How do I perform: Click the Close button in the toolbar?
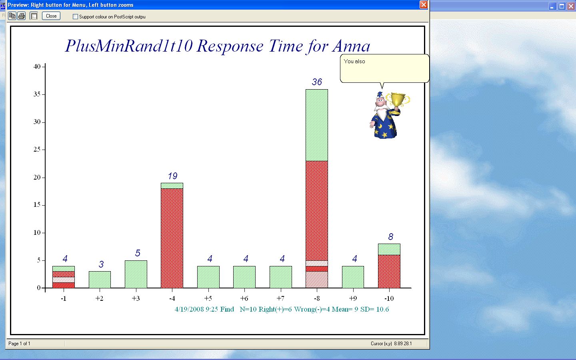pyautogui.click(x=51, y=16)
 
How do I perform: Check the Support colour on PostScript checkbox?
pyautogui.click(x=75, y=17)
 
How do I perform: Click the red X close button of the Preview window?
pyautogui.click(x=424, y=5)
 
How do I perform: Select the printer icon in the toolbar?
pyautogui.click(x=22, y=16)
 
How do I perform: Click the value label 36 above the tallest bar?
pyautogui.click(x=317, y=82)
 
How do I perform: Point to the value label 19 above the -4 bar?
pyautogui.click(x=172, y=176)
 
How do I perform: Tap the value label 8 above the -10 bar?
pyautogui.click(x=390, y=236)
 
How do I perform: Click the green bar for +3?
pyautogui.click(x=136, y=274)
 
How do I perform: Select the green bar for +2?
pyautogui.click(x=100, y=280)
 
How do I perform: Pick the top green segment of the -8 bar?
pyautogui.click(x=317, y=125)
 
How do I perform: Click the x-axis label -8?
pyautogui.click(x=317, y=298)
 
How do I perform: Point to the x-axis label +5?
pyautogui.click(x=208, y=298)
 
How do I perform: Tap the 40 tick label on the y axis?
pyautogui.click(x=37, y=66)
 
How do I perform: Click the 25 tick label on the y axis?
pyautogui.click(x=37, y=150)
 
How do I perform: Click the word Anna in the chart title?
pyautogui.click(x=351, y=46)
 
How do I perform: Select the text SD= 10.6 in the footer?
pyautogui.click(x=375, y=309)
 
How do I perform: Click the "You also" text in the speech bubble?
pyautogui.click(x=354, y=62)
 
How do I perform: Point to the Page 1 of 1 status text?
pyautogui.click(x=19, y=344)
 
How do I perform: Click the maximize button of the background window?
pyautogui.click(x=562, y=6)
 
